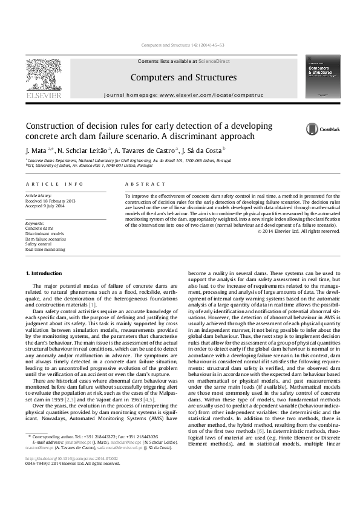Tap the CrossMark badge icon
click(312, 129)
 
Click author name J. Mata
click(36, 150)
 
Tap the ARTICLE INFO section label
click(54, 184)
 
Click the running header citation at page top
click(180, 45)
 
